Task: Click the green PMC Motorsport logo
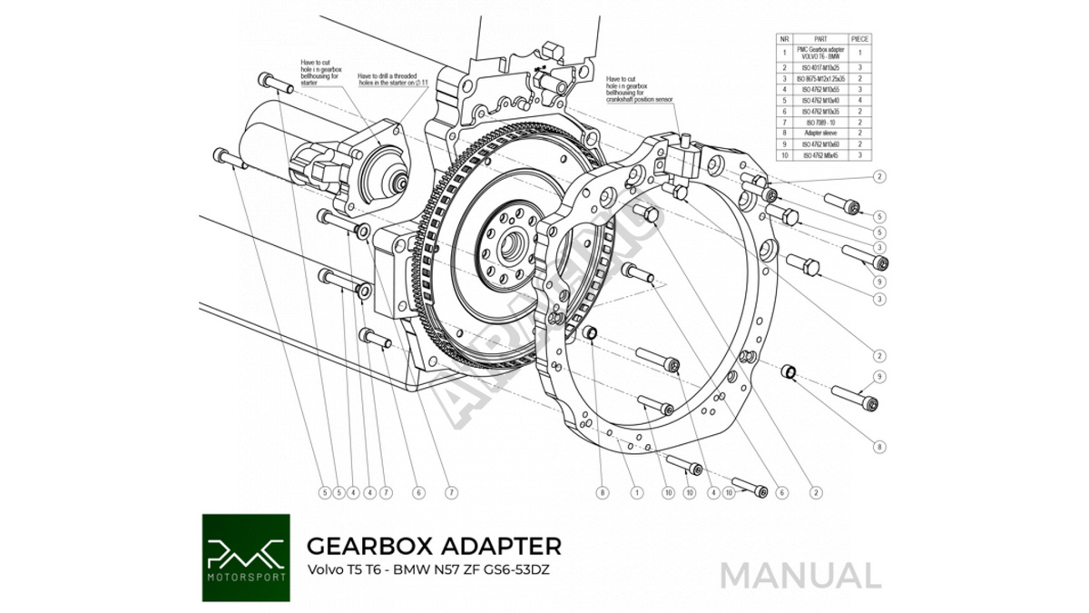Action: [246, 558]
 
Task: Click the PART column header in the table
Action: [820, 38]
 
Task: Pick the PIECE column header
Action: [860, 38]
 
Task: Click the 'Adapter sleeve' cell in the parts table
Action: [820, 133]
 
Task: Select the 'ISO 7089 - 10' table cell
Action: [820, 122]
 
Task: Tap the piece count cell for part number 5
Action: [860, 100]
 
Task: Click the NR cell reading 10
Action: [784, 155]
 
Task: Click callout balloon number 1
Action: [636, 492]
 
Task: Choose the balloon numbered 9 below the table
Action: [880, 377]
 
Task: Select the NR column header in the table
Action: [784, 38]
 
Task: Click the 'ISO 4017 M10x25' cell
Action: [820, 67]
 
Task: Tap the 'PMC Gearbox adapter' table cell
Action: [820, 53]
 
